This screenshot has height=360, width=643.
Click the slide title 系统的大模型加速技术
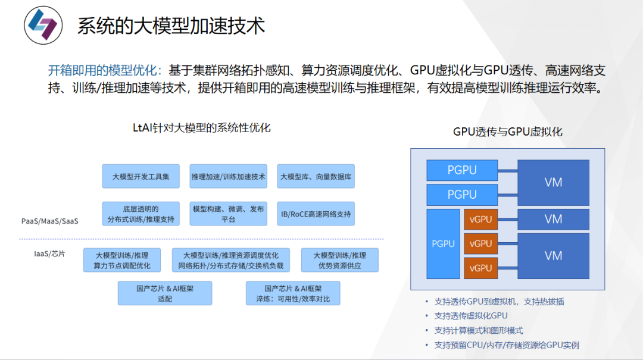[171, 26]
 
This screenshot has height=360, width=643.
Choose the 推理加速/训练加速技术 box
[229, 177]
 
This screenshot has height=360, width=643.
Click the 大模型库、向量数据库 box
[316, 177]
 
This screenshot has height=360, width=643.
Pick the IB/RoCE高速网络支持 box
[316, 214]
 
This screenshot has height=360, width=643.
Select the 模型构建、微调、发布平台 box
[229, 214]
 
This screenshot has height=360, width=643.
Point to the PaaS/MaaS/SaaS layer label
[50, 221]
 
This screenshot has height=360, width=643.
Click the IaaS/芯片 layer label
[49, 253]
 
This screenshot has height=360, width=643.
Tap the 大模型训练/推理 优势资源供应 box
[339, 260]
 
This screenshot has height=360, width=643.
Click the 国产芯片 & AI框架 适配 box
[165, 293]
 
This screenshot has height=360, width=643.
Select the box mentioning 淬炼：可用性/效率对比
[293, 293]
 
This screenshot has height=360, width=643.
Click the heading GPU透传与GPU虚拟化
[507, 132]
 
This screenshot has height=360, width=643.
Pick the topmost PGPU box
[462, 170]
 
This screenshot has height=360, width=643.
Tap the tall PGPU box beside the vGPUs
[443, 243]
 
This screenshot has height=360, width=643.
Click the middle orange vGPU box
[480, 243]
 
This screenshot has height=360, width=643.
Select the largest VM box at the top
[553, 182]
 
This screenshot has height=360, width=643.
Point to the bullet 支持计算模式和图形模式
[479, 330]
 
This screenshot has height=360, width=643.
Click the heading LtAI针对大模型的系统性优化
[202, 127]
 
